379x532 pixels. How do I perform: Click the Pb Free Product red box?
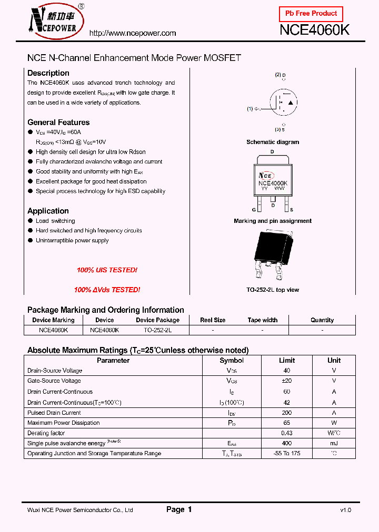click(311, 14)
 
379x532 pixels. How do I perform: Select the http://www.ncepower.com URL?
click(133, 33)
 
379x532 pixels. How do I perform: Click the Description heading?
click(48, 73)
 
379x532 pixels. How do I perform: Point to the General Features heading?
click(58, 122)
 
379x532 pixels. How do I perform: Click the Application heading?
click(48, 211)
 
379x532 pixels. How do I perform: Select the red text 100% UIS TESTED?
click(107, 270)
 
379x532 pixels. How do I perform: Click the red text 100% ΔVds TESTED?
click(107, 290)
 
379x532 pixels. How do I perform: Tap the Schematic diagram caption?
click(273, 142)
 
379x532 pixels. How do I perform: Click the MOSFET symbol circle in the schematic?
click(284, 102)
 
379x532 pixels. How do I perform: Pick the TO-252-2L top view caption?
click(273, 290)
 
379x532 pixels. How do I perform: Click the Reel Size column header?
click(213, 320)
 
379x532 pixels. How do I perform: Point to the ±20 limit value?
click(287, 381)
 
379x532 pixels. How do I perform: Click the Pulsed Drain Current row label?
click(54, 413)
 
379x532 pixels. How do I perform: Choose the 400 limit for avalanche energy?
click(287, 443)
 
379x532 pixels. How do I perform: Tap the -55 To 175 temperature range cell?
click(287, 453)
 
